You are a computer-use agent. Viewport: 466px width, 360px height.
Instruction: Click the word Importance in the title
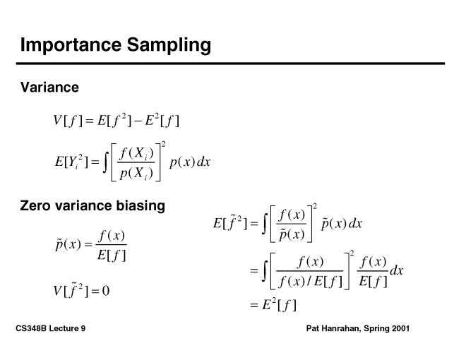(x=71, y=44)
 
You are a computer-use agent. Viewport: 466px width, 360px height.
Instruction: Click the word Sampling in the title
(x=169, y=46)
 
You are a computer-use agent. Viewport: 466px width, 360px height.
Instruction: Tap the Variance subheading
(x=49, y=88)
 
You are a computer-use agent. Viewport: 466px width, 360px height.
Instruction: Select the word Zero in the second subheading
(x=35, y=205)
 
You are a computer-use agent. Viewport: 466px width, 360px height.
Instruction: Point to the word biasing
(x=141, y=206)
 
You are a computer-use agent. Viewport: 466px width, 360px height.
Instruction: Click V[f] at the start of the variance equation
(x=68, y=121)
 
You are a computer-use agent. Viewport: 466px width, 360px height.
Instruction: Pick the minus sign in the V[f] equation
(x=138, y=121)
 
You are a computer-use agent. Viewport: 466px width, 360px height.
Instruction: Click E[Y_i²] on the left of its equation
(x=71, y=162)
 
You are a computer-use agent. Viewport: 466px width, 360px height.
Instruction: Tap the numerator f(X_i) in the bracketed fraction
(x=136, y=153)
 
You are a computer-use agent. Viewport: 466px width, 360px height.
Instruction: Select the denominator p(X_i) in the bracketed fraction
(x=136, y=173)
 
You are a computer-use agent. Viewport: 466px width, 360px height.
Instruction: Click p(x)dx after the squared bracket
(x=190, y=162)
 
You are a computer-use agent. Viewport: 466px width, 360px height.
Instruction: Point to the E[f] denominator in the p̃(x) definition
(x=112, y=255)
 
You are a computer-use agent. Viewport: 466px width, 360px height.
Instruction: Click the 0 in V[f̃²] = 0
(x=106, y=291)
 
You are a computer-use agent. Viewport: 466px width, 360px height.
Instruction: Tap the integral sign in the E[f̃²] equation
(x=264, y=223)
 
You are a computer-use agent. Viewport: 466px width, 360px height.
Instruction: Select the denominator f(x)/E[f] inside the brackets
(x=310, y=281)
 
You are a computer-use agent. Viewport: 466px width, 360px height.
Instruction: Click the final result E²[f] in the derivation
(x=279, y=305)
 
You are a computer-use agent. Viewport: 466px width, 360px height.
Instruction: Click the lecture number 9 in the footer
(x=83, y=328)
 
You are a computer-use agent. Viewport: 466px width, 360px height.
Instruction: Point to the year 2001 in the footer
(x=400, y=328)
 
